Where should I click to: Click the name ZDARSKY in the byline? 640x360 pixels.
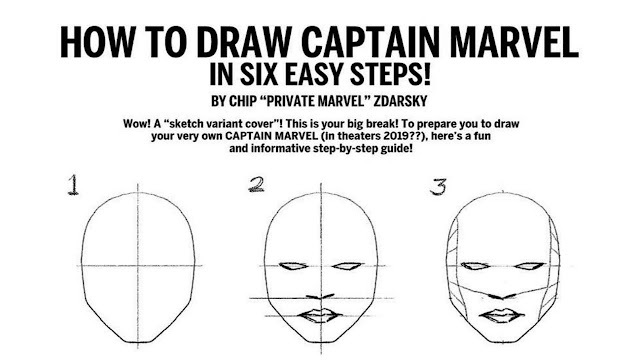(x=401, y=103)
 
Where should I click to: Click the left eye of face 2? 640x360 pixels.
(x=291, y=267)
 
